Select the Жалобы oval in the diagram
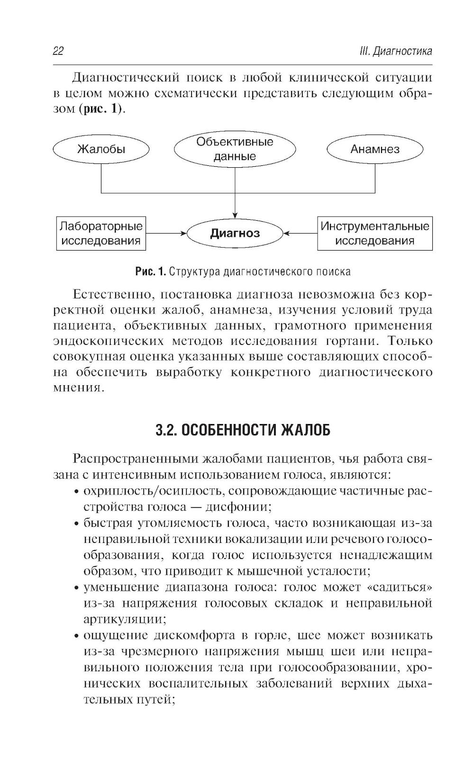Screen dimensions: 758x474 pos(101,149)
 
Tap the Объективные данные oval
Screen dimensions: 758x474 pos(235,149)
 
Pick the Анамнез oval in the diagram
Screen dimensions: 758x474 pos(374,149)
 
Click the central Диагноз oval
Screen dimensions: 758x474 pos(235,233)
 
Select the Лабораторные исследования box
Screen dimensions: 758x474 pos(101,233)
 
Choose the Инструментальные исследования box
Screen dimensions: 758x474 pos(374,233)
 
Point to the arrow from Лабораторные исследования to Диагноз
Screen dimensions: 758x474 pos(166,233)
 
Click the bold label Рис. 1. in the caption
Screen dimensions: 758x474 pos(150,271)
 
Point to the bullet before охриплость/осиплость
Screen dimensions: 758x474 pos(76,491)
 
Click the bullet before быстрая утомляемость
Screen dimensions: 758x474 pos(76,523)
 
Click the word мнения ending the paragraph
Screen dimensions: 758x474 pos(76,387)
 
